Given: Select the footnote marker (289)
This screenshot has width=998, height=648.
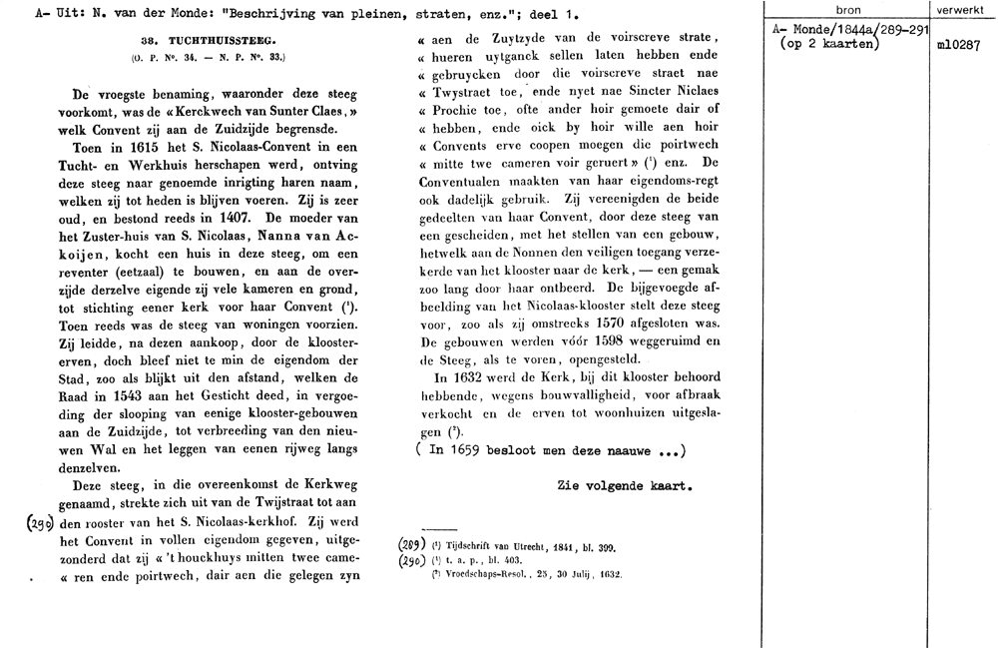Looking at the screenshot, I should click(x=411, y=546).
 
